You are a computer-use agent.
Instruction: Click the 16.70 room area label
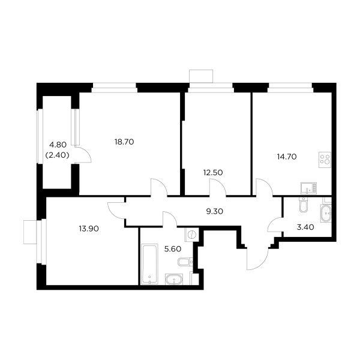[124, 142]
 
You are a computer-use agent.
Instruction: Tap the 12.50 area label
[213, 172]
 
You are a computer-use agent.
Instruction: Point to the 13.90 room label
[88, 228]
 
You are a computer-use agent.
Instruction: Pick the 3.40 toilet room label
[306, 228]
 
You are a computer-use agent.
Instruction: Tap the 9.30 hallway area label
[215, 211]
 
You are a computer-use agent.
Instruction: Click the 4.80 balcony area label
[58, 145]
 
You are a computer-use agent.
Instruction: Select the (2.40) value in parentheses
[58, 154]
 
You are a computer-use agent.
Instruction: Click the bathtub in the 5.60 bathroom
[148, 262]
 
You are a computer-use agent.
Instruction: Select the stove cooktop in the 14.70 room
[325, 160]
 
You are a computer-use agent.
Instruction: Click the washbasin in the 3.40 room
[326, 214]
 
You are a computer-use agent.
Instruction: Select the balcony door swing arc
[85, 155]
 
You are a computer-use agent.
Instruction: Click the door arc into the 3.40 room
[273, 227]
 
